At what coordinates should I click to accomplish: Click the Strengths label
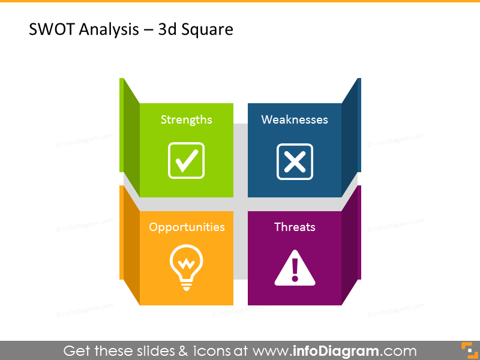point(186,119)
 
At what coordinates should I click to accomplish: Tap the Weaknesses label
point(295,119)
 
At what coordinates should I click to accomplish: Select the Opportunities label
point(187,227)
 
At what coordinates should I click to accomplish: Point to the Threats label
point(295,227)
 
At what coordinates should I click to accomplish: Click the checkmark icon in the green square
point(186,160)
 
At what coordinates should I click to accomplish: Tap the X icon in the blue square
point(295,161)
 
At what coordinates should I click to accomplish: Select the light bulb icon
point(186,268)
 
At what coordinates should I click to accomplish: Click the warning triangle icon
point(295,268)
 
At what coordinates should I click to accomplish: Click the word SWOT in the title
point(49,29)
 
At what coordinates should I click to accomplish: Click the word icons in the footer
point(213,351)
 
